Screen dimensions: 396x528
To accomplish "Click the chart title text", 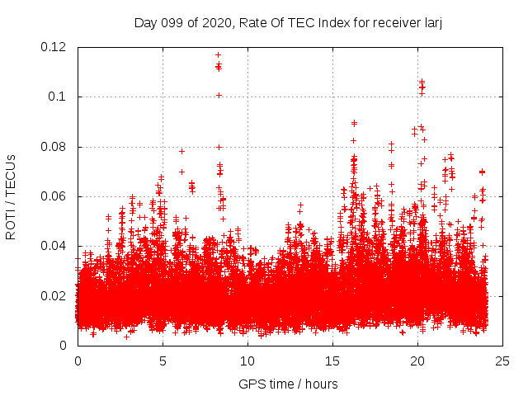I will (288, 22).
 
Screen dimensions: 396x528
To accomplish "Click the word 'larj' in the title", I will (431, 22).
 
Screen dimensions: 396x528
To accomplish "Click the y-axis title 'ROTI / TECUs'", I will (12, 196).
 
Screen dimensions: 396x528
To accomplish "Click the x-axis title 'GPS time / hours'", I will (288, 384).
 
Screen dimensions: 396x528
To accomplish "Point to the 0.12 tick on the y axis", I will (55, 47).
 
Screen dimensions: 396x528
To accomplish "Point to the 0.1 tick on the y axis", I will (59, 97).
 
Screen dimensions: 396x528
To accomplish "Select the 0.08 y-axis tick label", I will (55, 147).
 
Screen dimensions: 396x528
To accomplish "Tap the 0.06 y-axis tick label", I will (55, 196).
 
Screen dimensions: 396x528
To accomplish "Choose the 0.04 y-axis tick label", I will (55, 246).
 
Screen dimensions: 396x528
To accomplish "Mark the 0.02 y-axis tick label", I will (55, 296).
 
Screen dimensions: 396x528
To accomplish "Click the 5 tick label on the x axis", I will (163, 361).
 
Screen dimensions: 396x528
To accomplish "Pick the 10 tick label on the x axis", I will (247, 361).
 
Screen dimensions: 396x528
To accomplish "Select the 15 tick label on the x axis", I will (332, 361).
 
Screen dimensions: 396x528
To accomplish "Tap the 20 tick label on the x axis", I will (417, 361).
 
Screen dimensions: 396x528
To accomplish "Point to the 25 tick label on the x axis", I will (502, 361).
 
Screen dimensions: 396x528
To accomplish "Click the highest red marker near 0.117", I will (218, 55).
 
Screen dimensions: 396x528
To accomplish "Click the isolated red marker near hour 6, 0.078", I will (181, 151).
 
